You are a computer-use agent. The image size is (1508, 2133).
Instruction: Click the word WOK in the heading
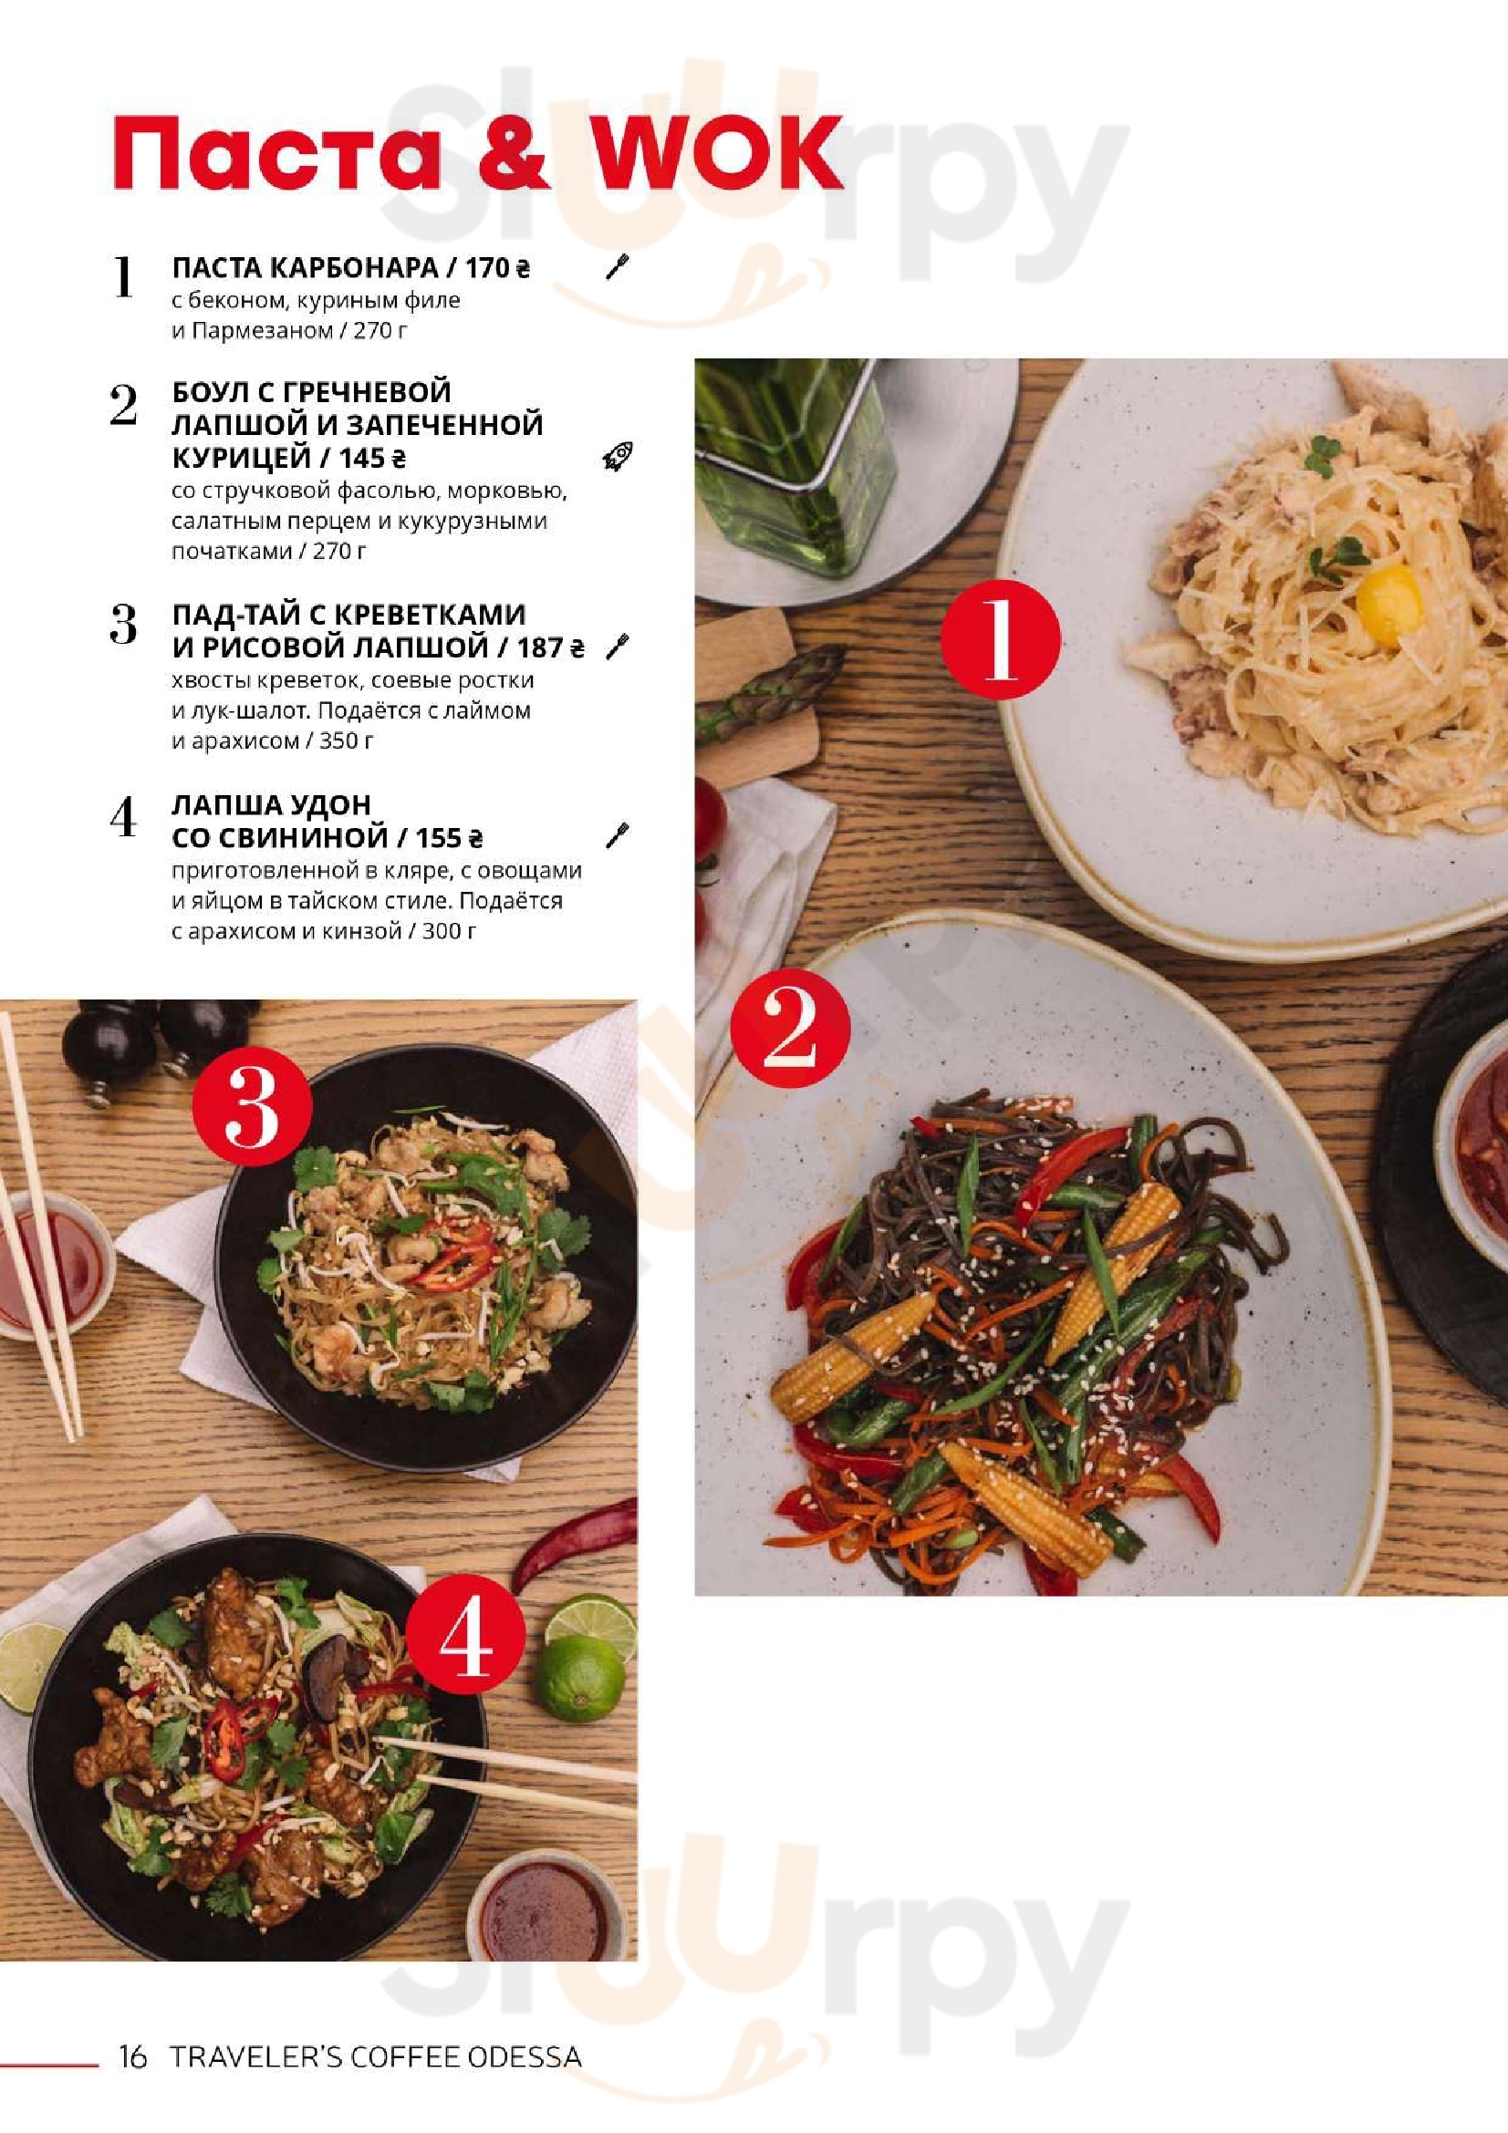(717, 154)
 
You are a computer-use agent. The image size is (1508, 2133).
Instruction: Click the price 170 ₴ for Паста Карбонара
(497, 268)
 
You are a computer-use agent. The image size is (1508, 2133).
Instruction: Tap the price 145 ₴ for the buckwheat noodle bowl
(371, 458)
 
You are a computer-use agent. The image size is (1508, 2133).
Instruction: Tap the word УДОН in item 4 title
(333, 804)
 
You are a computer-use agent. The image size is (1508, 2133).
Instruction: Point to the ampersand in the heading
(513, 154)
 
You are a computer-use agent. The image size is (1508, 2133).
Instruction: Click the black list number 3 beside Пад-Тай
(123, 625)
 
